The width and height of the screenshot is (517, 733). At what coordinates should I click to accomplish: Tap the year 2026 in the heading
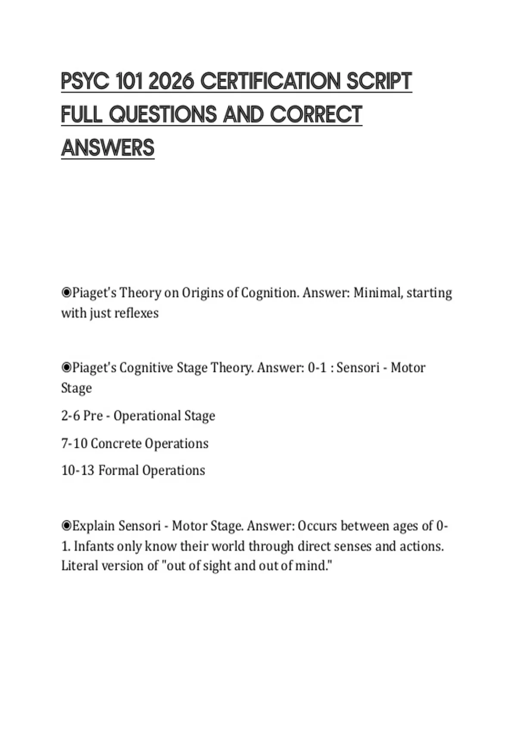(x=171, y=81)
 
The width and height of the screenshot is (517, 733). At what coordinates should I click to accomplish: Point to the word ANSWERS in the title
(x=108, y=148)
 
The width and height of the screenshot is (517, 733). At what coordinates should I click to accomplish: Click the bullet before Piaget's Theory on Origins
(x=66, y=293)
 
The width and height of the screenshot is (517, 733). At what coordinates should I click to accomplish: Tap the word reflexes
(x=137, y=313)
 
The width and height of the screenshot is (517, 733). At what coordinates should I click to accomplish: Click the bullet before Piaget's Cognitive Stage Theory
(x=66, y=368)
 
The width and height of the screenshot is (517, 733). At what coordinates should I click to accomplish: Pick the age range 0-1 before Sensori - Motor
(x=317, y=368)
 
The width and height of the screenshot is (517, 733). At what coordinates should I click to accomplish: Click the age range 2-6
(x=70, y=416)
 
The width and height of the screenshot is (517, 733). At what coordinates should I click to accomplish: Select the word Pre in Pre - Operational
(x=93, y=416)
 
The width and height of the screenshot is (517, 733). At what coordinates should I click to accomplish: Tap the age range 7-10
(x=74, y=443)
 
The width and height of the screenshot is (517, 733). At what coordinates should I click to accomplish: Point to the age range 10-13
(x=78, y=470)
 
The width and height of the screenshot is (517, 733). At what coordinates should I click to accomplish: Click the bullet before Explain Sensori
(x=66, y=526)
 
